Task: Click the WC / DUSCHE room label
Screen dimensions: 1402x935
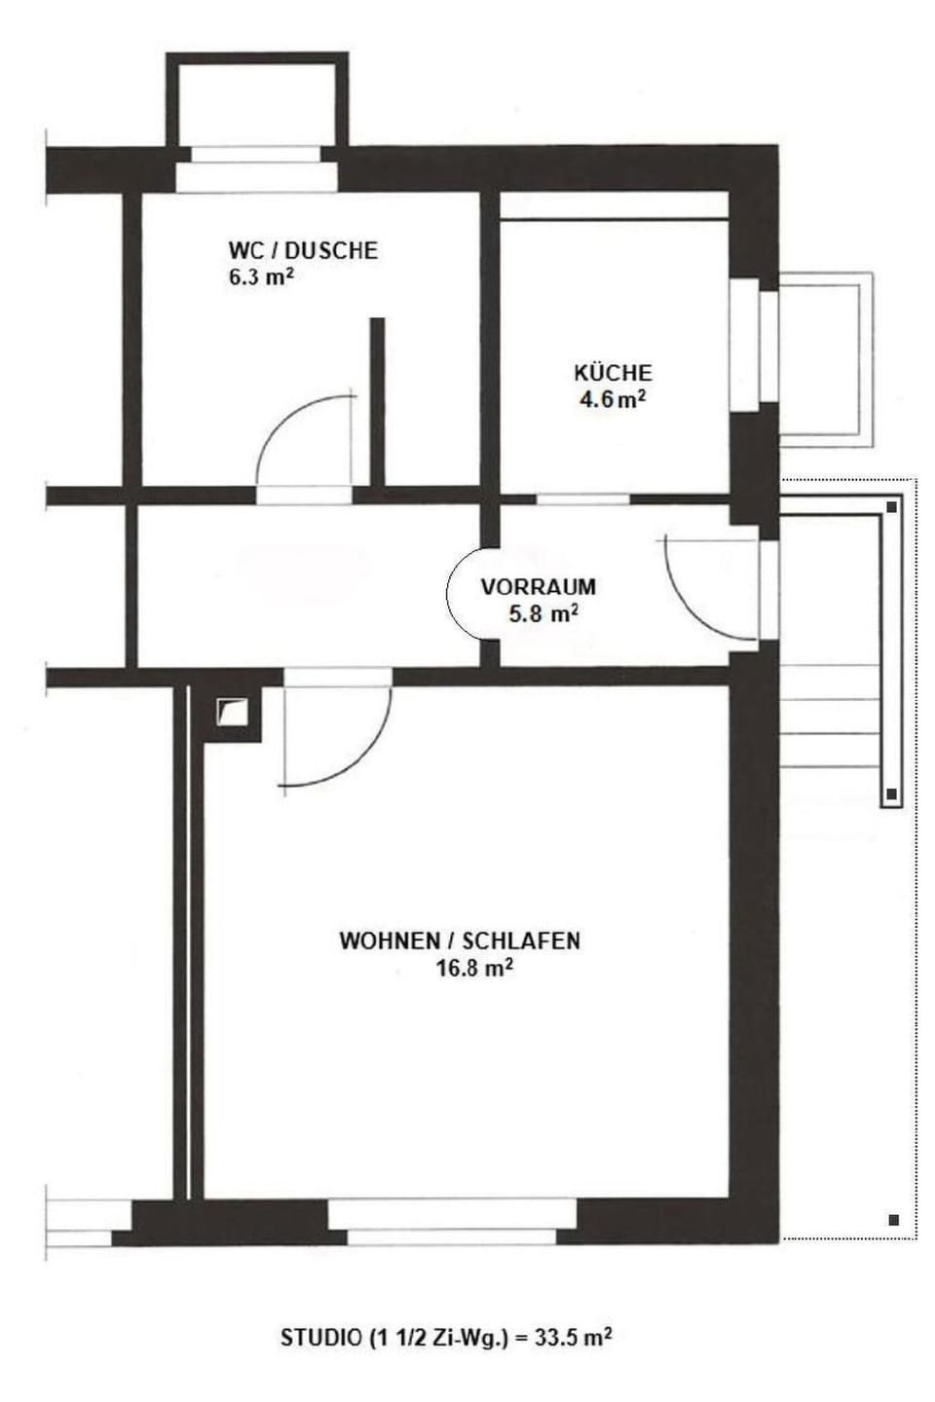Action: click(302, 250)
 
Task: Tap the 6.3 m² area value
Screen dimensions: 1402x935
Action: click(261, 277)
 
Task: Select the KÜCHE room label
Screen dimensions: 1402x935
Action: click(613, 373)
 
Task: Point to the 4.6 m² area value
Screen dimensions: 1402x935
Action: click(613, 399)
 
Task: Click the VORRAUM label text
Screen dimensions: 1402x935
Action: click(538, 587)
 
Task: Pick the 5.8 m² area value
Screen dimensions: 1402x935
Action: click(543, 613)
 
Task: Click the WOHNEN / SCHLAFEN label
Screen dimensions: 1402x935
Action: click(460, 941)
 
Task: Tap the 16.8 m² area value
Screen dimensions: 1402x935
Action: click(475, 968)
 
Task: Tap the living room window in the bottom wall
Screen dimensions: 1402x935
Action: click(453, 1221)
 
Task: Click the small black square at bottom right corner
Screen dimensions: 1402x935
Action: click(893, 1219)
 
